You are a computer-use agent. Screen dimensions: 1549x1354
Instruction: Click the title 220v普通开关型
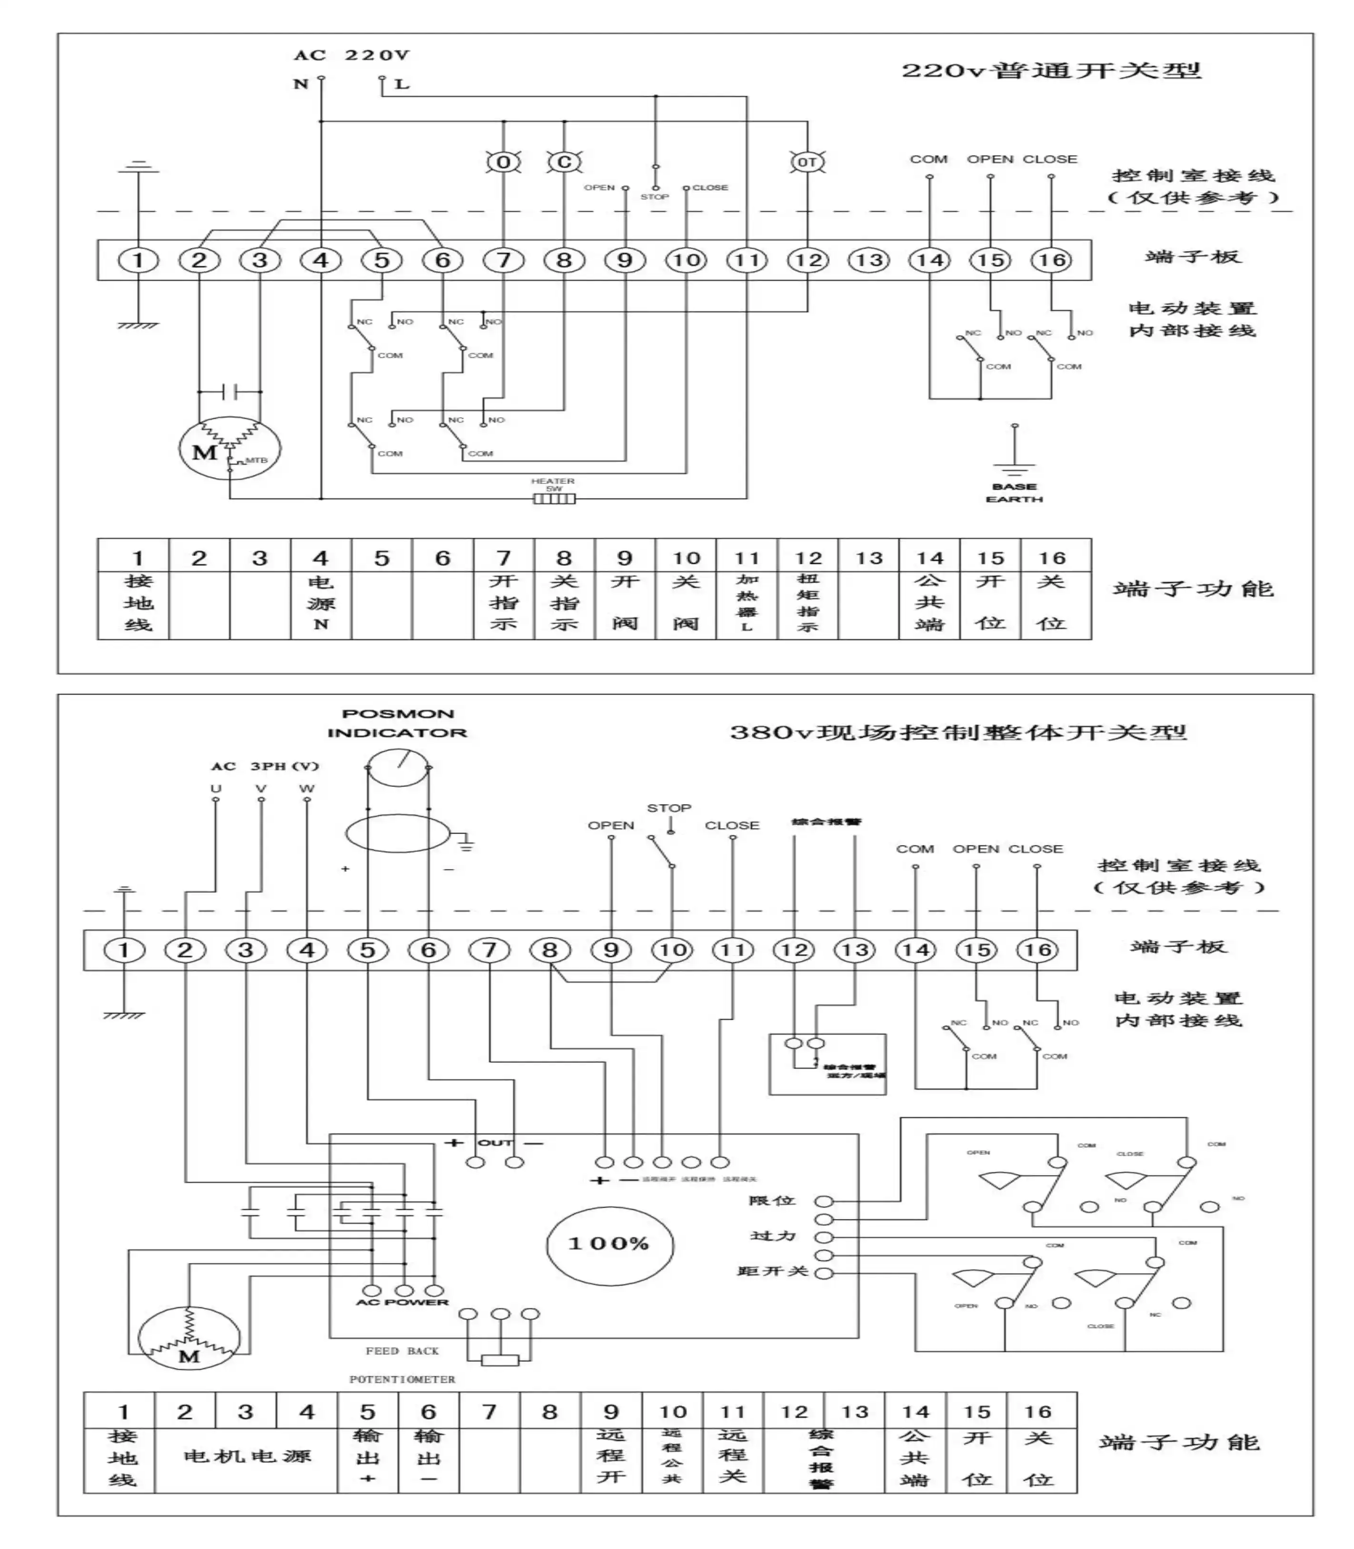(1050, 71)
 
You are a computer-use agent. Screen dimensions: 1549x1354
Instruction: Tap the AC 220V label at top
(351, 55)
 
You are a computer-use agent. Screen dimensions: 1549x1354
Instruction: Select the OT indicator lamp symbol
(807, 162)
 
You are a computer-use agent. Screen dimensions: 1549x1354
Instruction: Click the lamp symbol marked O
(503, 162)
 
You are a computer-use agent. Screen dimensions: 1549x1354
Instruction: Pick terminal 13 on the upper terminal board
(869, 260)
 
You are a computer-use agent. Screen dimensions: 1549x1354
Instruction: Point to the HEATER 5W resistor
(554, 498)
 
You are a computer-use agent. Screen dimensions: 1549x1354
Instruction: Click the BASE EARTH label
(1014, 493)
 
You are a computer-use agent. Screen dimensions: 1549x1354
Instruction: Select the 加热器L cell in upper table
(747, 603)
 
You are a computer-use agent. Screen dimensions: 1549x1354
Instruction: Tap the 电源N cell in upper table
(320, 603)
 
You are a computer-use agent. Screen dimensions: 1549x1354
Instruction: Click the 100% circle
(609, 1244)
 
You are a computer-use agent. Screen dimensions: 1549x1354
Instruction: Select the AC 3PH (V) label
(264, 766)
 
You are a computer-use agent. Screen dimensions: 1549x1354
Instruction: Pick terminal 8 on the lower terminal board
(550, 950)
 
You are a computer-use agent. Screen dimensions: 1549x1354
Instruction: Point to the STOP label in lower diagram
(669, 808)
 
